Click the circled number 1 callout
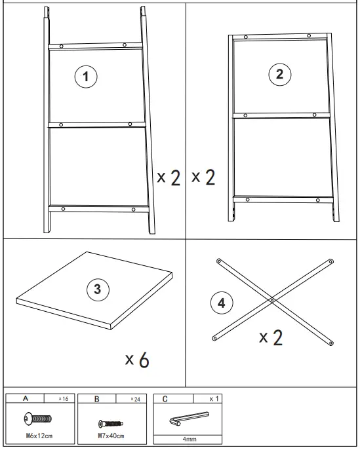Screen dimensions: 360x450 [86, 77]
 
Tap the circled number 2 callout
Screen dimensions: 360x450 [280, 74]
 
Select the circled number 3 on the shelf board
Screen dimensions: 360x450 [98, 290]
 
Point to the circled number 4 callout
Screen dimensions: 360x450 [222, 303]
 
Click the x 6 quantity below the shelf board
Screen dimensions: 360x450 [137, 359]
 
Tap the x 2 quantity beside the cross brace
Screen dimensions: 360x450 [271, 337]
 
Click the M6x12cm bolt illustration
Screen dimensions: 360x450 [38, 419]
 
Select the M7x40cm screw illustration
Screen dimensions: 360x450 [111, 423]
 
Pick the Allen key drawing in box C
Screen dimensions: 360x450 [189, 419]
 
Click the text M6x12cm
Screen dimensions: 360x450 [39, 436]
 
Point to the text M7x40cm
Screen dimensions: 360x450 [111, 436]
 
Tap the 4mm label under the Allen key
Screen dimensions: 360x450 [190, 439]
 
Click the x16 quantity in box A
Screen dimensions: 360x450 [64, 399]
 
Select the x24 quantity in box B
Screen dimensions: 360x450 [135, 399]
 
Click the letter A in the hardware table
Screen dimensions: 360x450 [26, 398]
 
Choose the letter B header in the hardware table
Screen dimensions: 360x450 [97, 399]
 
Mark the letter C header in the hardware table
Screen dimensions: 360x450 [165, 399]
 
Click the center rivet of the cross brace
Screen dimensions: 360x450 [272, 300]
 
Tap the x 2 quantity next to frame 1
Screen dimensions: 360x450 [169, 178]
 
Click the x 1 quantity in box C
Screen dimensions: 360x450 [214, 399]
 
